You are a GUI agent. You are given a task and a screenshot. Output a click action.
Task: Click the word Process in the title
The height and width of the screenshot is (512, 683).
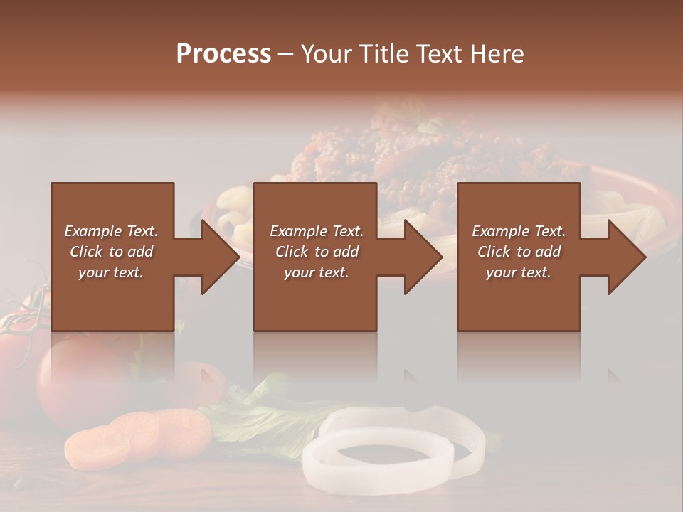(x=223, y=53)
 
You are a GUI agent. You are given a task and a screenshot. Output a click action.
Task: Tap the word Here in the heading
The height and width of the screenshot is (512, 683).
(x=495, y=53)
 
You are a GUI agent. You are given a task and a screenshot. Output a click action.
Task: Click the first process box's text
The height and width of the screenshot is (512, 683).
(x=111, y=252)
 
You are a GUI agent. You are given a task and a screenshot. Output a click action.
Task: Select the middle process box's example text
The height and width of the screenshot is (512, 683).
(x=317, y=252)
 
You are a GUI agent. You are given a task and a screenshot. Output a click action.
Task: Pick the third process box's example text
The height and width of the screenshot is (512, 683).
(x=519, y=252)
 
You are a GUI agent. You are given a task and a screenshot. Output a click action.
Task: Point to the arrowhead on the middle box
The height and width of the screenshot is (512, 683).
(x=423, y=257)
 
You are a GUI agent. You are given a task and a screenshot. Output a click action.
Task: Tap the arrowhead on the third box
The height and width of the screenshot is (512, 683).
(x=626, y=257)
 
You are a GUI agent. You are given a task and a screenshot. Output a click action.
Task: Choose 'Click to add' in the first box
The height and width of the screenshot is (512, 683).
(x=111, y=252)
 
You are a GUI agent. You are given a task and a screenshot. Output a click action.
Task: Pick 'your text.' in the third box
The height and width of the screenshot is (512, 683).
(x=519, y=272)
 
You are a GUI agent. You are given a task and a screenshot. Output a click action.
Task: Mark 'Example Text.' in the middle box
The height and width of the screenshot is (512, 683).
(x=317, y=231)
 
